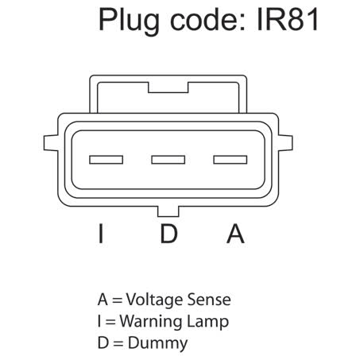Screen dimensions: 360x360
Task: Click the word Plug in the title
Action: tap(129, 21)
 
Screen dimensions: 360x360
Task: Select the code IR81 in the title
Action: tap(288, 19)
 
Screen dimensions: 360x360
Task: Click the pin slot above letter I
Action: tap(106, 160)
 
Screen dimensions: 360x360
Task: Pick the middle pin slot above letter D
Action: tap(168, 160)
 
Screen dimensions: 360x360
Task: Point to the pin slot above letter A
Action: tap(230, 160)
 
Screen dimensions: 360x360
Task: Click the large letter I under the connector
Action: tap(101, 234)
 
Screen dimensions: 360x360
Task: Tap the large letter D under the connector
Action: tap(168, 234)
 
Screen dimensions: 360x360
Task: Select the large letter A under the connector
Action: tap(235, 234)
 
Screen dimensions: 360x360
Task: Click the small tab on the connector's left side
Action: tap(51, 143)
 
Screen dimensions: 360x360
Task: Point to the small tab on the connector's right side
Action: tap(285, 143)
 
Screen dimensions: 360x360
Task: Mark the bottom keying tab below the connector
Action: tap(168, 211)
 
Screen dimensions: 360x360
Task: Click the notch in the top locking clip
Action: tap(168, 87)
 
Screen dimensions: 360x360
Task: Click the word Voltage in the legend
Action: tap(154, 300)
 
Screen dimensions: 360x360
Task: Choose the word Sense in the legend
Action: tap(209, 300)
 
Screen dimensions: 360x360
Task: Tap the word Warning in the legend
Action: tap(151, 322)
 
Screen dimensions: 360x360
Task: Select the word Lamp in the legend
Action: tap(208, 322)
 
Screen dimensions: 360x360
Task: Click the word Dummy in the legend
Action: tap(158, 343)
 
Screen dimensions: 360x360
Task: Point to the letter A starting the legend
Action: tap(103, 300)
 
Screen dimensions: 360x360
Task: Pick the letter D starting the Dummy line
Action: tap(103, 343)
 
